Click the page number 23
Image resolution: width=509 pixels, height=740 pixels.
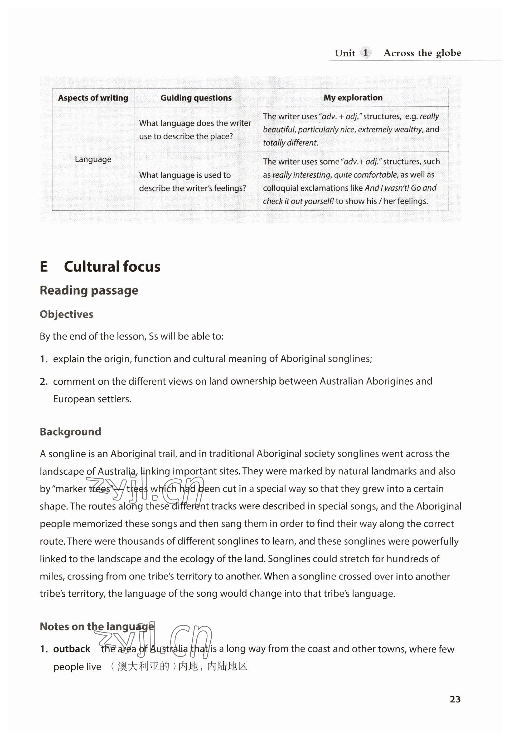click(455, 699)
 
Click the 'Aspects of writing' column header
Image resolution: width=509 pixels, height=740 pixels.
click(93, 98)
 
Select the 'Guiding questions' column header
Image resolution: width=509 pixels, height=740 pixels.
click(196, 98)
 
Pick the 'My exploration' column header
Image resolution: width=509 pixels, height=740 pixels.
click(353, 98)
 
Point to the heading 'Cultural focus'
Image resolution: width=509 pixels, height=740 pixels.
click(112, 267)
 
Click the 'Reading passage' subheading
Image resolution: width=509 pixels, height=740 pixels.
click(89, 290)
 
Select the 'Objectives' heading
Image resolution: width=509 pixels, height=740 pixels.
click(66, 314)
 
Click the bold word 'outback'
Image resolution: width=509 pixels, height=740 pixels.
click(72, 649)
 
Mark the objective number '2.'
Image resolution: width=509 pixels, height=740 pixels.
click(44, 381)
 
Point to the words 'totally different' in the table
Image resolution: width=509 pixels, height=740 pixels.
click(290, 143)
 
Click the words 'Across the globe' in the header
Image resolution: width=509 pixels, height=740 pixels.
click(422, 53)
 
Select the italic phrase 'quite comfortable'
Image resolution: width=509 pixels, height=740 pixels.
click(366, 175)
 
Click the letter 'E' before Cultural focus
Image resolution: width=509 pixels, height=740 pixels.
click(44, 267)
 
